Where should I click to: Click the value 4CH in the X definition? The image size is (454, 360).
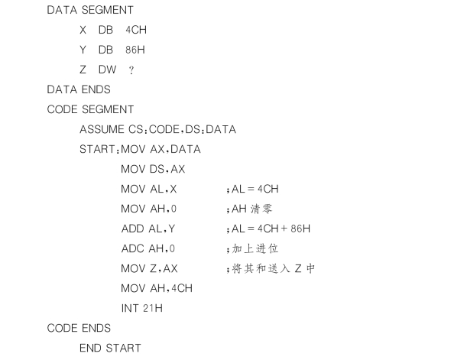(136, 30)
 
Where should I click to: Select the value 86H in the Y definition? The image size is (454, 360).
(135, 50)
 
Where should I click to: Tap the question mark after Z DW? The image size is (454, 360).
(131, 70)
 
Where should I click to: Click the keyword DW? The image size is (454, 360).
(108, 70)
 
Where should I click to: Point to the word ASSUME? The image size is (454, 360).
(102, 129)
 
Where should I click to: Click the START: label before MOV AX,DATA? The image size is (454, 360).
(99, 149)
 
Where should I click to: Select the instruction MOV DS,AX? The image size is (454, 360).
(153, 169)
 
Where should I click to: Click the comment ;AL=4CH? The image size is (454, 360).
(252, 189)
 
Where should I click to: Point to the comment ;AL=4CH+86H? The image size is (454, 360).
(268, 229)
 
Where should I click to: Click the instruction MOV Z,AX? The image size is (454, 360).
(149, 268)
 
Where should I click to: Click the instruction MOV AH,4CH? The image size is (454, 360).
(157, 288)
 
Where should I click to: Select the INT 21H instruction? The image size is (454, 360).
(142, 308)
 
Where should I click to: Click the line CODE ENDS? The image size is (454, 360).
(79, 328)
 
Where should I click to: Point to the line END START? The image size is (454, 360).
(110, 348)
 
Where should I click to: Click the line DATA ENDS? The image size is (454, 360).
(79, 89)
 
